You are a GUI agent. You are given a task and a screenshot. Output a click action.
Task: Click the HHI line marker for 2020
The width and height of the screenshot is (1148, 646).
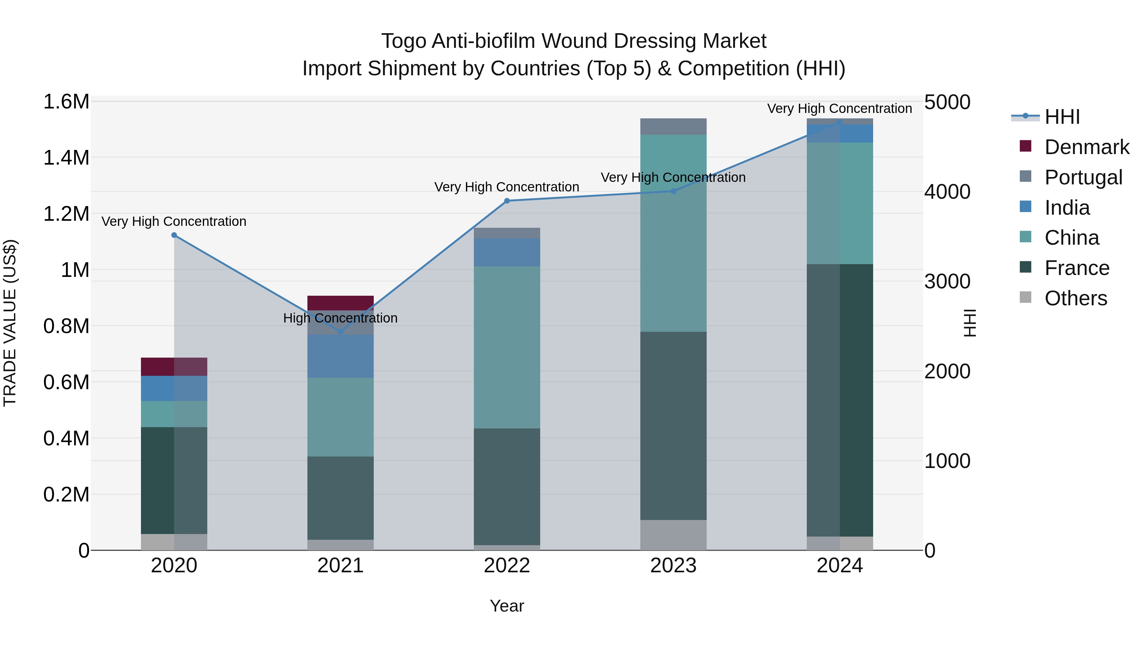(174, 235)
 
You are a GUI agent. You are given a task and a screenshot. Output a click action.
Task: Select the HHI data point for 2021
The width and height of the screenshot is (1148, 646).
(341, 332)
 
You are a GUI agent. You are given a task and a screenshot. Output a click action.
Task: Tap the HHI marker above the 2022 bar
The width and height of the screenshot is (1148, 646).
(507, 201)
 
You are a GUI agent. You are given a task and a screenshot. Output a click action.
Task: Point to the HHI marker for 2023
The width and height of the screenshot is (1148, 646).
(673, 191)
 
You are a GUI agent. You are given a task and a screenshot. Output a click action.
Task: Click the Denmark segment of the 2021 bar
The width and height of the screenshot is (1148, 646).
(341, 303)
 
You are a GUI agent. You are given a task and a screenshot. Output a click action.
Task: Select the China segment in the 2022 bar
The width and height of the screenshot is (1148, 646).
(507, 348)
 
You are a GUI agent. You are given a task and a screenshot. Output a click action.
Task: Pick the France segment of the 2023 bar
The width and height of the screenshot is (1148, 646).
(673, 426)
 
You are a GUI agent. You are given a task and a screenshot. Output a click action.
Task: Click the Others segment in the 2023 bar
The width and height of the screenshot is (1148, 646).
(673, 535)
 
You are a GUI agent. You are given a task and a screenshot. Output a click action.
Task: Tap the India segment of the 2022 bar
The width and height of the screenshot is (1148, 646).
(507, 252)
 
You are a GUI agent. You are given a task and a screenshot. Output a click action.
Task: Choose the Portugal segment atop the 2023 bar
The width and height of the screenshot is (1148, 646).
(673, 127)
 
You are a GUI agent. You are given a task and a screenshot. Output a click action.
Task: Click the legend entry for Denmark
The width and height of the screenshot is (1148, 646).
(1086, 147)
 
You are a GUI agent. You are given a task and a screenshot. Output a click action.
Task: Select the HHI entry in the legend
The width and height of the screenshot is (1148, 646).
(1062, 117)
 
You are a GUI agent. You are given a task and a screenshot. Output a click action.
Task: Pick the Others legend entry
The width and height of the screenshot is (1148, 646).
(1075, 298)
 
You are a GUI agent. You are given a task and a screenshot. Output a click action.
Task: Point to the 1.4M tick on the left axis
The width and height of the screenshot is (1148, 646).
(66, 158)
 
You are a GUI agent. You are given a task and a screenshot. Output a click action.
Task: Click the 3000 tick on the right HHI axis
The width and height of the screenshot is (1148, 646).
(947, 281)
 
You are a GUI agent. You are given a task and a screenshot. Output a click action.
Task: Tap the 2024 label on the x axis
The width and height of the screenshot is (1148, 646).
(840, 566)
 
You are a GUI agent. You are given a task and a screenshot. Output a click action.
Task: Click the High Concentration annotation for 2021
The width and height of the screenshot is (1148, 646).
(341, 318)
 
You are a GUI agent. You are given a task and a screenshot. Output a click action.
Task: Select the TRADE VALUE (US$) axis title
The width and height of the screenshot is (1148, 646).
(10, 323)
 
